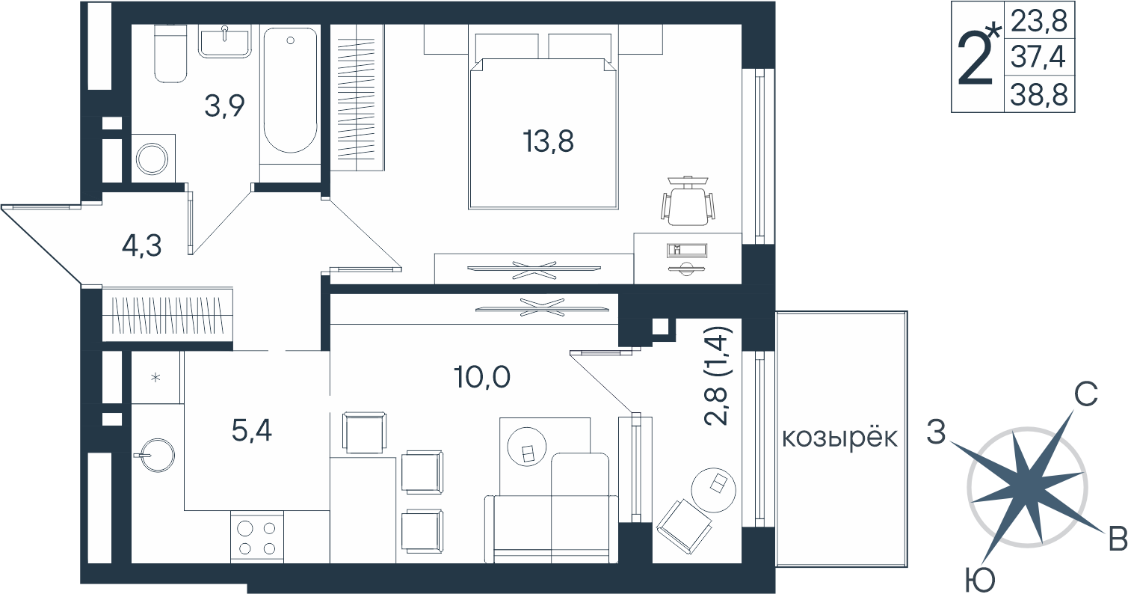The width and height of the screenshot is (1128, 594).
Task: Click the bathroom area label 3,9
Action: click(x=224, y=105)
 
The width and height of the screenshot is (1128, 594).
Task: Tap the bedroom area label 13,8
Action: click(x=549, y=141)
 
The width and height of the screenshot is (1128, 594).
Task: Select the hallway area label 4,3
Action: click(x=141, y=246)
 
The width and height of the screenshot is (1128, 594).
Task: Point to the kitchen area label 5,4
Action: click(x=252, y=430)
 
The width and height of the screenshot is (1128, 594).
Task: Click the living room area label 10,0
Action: click(x=482, y=377)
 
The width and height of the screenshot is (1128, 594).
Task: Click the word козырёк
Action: click(x=840, y=438)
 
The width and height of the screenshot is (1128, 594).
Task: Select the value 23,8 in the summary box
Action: click(x=1039, y=21)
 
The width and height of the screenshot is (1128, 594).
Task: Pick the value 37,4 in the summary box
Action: click(x=1039, y=56)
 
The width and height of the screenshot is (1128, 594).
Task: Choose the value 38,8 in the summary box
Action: click(x=1039, y=94)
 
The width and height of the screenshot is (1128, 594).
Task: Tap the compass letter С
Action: click(x=1085, y=394)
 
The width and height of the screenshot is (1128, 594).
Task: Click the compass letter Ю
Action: click(x=981, y=579)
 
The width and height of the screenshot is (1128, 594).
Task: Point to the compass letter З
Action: click(x=936, y=432)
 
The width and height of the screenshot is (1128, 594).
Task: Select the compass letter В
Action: click(x=1118, y=540)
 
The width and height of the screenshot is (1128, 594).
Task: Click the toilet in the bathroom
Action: click(x=170, y=53)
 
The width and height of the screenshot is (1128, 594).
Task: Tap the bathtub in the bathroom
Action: click(x=291, y=91)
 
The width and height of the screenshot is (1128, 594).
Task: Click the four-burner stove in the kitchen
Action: click(x=257, y=537)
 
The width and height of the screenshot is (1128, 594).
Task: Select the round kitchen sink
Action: click(x=157, y=455)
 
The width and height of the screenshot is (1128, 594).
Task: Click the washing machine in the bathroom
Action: click(x=153, y=158)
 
